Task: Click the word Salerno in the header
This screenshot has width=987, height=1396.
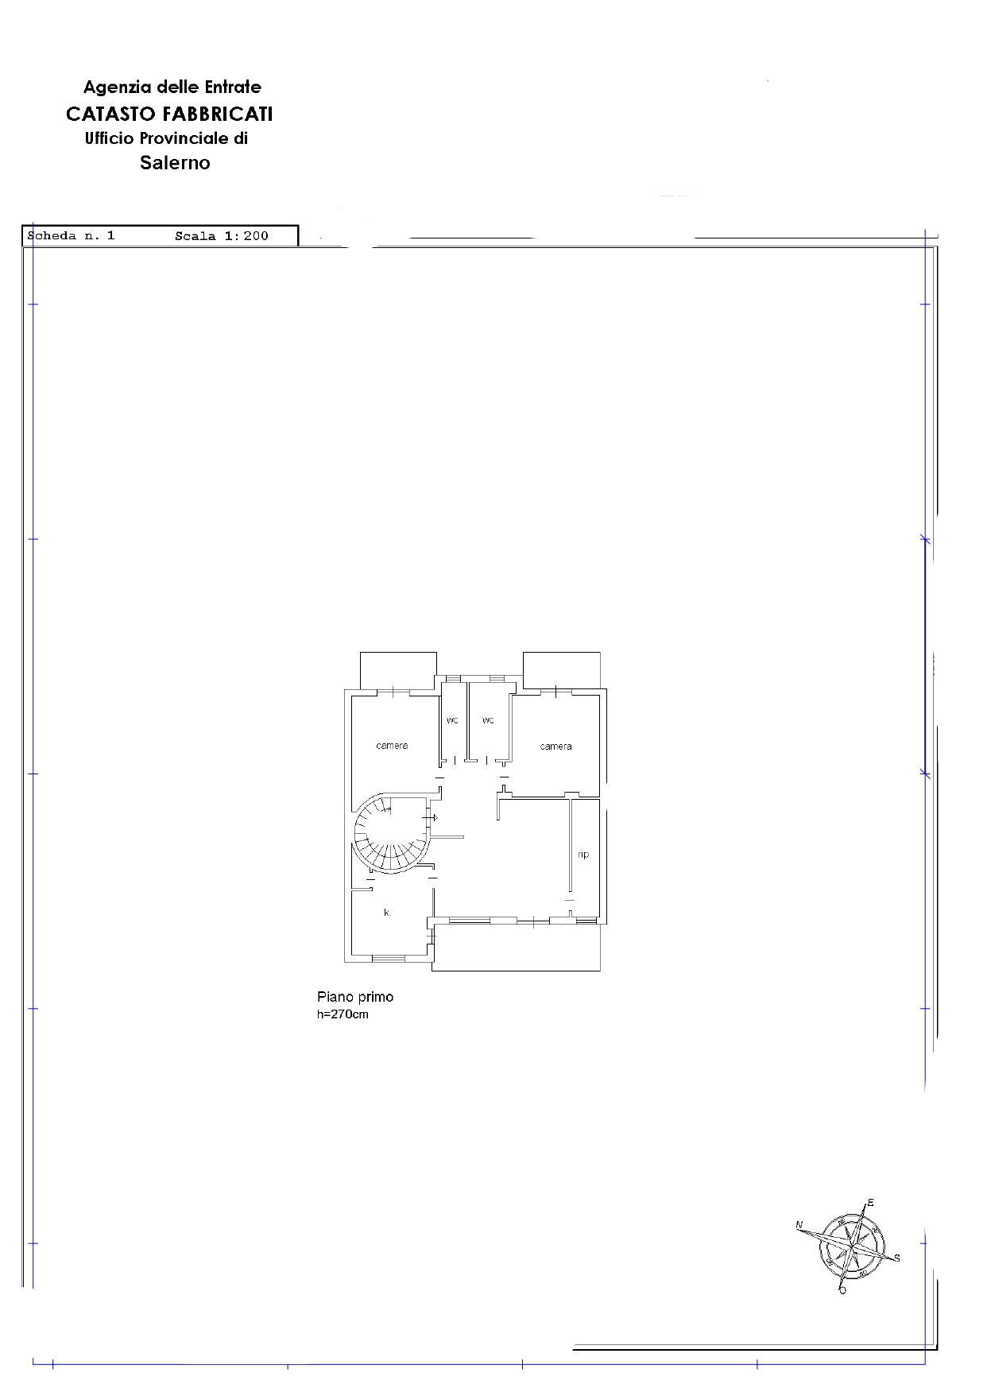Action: pyautogui.click(x=175, y=163)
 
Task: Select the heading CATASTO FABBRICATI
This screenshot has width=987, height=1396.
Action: pyautogui.click(x=169, y=114)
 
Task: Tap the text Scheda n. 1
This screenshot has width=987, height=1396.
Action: pyautogui.click(x=71, y=235)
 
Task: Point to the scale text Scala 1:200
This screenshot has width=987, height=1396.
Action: pyautogui.click(x=222, y=236)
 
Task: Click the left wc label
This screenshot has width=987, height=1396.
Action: pyautogui.click(x=452, y=720)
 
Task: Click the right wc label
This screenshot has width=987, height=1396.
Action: pyautogui.click(x=488, y=720)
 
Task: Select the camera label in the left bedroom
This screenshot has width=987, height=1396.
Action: pyautogui.click(x=392, y=746)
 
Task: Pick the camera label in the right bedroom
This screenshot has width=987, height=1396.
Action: pyautogui.click(x=555, y=746)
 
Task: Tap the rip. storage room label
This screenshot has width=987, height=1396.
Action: pyautogui.click(x=583, y=855)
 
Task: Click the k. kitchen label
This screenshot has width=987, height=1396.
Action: pyautogui.click(x=387, y=913)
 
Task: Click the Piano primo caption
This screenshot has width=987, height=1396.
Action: pyautogui.click(x=355, y=997)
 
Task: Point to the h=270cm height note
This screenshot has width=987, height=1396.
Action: pyautogui.click(x=343, y=1014)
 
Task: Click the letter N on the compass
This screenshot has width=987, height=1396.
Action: pyautogui.click(x=799, y=1225)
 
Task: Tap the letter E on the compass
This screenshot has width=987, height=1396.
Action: pyautogui.click(x=870, y=1203)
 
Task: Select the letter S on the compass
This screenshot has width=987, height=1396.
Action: pyautogui.click(x=897, y=1258)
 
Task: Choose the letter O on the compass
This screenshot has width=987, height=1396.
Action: pyautogui.click(x=842, y=1290)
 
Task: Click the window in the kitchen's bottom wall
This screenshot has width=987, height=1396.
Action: pyautogui.click(x=389, y=959)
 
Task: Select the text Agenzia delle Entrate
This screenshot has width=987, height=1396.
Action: pyautogui.click(x=172, y=87)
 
